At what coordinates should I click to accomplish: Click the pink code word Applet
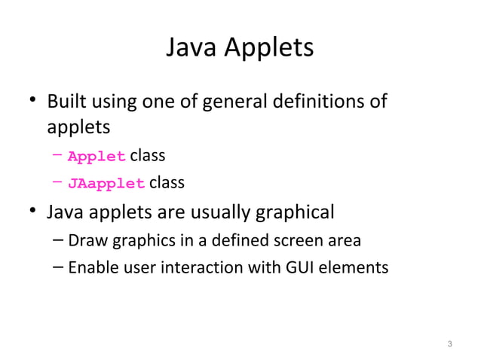(x=97, y=157)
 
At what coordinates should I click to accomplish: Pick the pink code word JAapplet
(x=106, y=183)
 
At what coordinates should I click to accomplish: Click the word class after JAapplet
(x=167, y=182)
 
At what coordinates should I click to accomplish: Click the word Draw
(x=83, y=241)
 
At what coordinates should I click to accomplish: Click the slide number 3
(x=449, y=346)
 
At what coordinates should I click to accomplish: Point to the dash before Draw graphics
(x=59, y=241)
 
